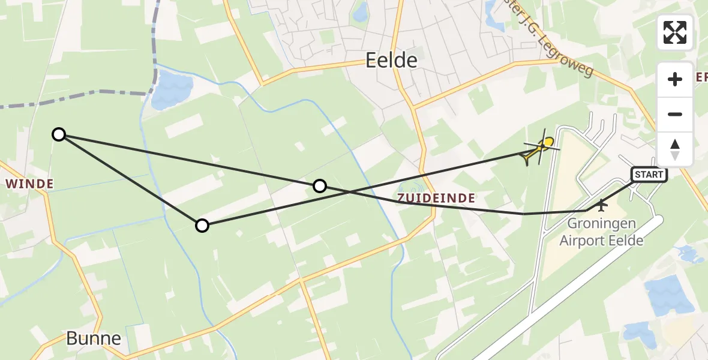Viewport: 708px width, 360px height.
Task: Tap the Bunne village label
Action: coord(94,338)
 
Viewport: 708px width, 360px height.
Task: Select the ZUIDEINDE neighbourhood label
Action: coord(436,198)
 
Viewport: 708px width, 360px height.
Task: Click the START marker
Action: coord(649,175)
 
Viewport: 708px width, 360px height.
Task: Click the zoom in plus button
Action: coord(675,79)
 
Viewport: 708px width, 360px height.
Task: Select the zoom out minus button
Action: coord(675,114)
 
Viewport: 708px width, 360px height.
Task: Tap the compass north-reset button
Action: coord(675,149)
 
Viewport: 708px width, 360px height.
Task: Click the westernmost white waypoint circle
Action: coord(59,134)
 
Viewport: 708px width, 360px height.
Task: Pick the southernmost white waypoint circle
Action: coord(202,226)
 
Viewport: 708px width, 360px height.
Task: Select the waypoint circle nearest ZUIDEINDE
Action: coord(320,186)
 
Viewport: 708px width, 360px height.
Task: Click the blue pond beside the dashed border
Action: coord(171,92)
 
